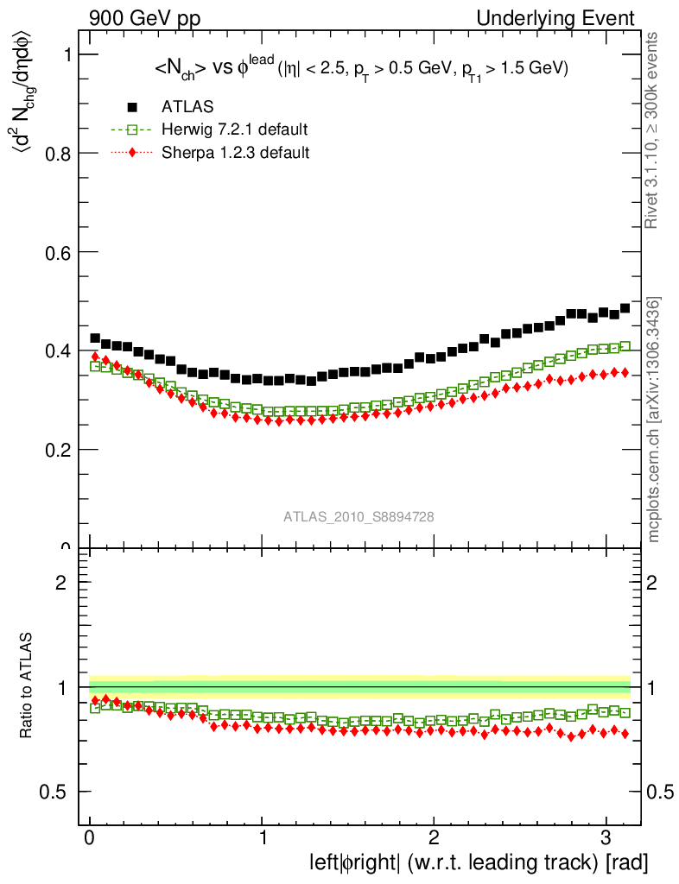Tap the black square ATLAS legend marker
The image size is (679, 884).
tap(132, 107)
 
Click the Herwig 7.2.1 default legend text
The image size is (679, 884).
tap(234, 129)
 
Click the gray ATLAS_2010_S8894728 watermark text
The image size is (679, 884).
tap(359, 516)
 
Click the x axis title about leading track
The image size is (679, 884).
tap(479, 862)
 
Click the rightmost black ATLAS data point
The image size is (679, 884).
tap(625, 308)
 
